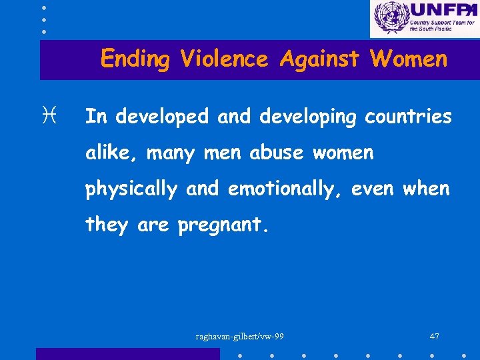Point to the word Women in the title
tap(409, 59)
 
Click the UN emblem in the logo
tap(389, 18)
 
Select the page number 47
tap(434, 336)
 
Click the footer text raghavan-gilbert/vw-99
tap(240, 336)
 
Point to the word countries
tap(408, 117)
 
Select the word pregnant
tap(223, 226)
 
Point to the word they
tap(107, 225)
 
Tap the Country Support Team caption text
tap(441, 26)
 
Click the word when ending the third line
tap(427, 189)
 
